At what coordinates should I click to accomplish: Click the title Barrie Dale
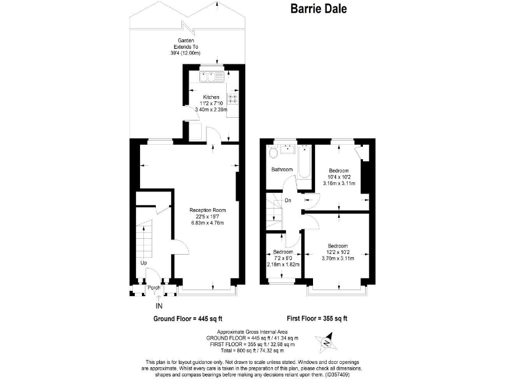pos(318,9)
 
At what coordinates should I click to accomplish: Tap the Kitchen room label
pos(210,97)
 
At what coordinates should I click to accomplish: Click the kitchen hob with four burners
pos(231,100)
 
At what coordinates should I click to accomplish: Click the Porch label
pos(154,288)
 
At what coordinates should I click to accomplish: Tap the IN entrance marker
pos(158,305)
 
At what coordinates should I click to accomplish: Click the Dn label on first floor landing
pos(287,201)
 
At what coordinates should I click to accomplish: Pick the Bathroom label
pos(281,170)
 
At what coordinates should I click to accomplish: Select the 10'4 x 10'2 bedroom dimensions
pos(341,176)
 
